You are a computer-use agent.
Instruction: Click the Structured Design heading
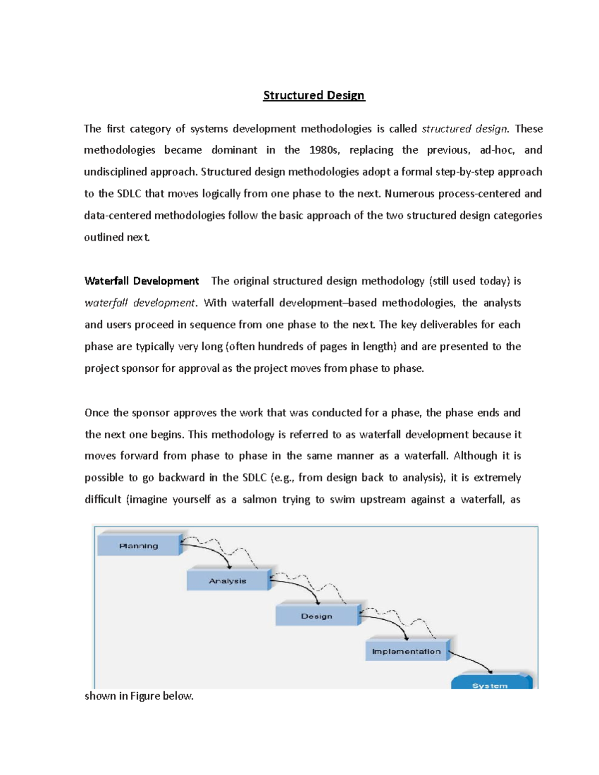coord(314,95)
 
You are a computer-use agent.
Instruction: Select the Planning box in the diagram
coord(138,545)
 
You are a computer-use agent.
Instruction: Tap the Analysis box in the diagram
coord(228,581)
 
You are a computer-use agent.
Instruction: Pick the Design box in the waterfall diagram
coord(316,616)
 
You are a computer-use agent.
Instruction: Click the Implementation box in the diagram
coord(406,651)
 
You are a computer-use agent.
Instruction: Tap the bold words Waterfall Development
coord(142,281)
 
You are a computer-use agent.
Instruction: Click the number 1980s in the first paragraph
coord(324,150)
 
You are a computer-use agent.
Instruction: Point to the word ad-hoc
coord(497,150)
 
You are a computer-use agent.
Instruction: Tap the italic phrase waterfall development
coord(140,303)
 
